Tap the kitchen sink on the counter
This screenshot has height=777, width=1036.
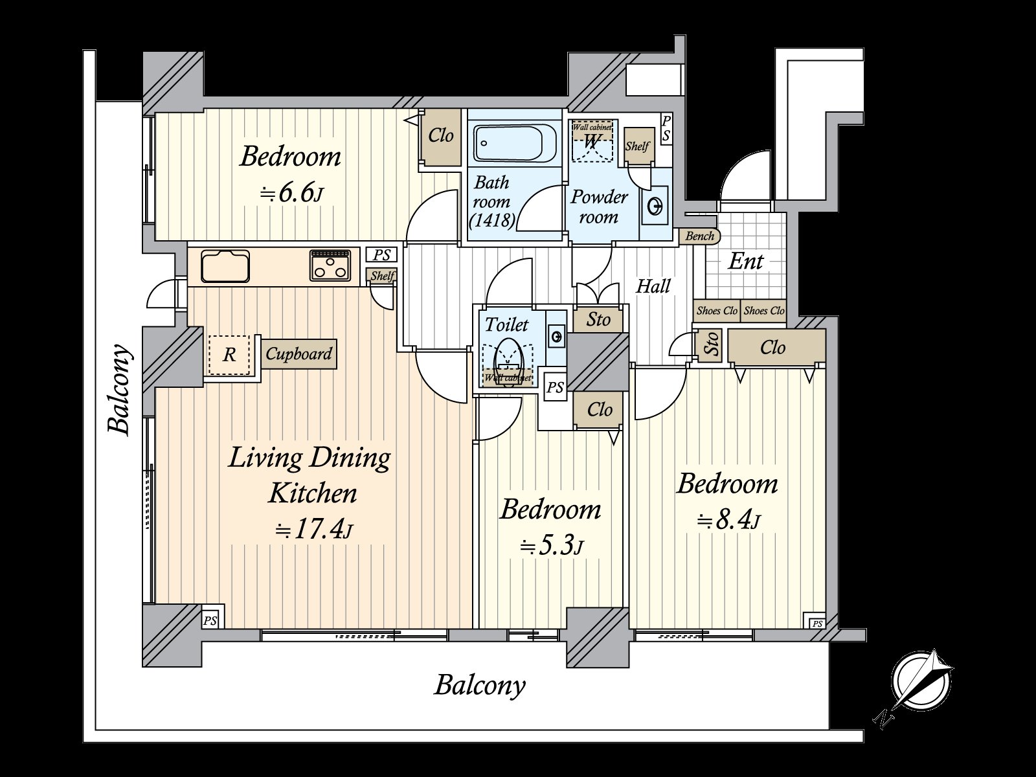coord(225,266)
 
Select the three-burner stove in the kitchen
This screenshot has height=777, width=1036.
coord(330,265)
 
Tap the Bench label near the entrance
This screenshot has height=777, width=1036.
coord(699,236)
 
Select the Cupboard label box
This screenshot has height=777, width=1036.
coord(299,354)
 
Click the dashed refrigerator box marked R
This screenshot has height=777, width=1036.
coord(229,355)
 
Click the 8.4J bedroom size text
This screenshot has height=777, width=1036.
coord(728,520)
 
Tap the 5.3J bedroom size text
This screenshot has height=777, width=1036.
coord(552,547)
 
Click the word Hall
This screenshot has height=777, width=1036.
coord(653,286)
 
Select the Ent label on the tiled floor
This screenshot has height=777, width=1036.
coord(745,262)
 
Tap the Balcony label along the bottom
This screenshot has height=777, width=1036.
coord(479,684)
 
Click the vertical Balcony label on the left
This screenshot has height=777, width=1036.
coord(121,388)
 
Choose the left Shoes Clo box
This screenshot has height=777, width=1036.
coord(717,311)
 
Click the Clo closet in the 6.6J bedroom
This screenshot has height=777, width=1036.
coord(441,136)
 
